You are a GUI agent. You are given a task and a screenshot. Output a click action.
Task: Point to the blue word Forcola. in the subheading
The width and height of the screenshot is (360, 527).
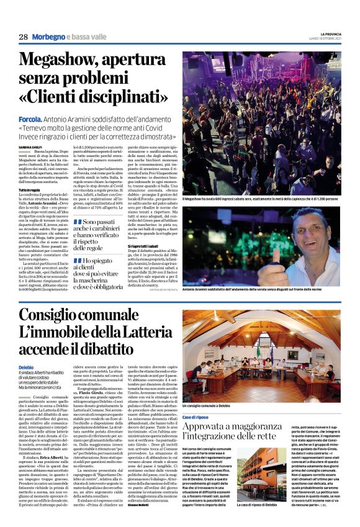click(30, 117)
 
